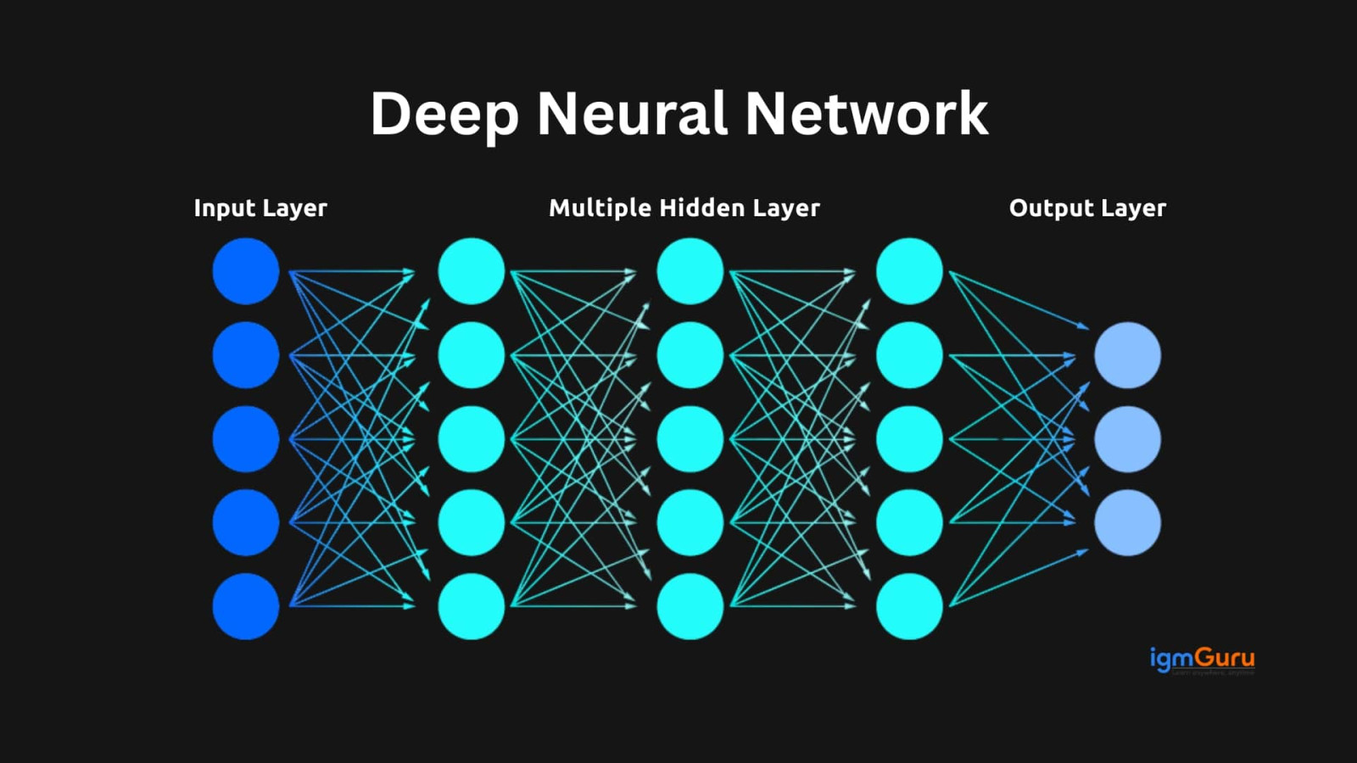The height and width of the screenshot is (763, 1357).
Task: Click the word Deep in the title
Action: click(x=444, y=114)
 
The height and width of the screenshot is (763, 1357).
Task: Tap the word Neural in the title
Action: click(x=633, y=114)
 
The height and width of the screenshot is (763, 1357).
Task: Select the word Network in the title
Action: click(x=867, y=114)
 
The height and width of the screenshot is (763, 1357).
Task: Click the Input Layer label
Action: click(x=260, y=209)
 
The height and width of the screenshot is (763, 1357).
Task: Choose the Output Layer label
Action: click(x=1087, y=209)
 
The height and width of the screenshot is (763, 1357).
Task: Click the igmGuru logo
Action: click(x=1202, y=659)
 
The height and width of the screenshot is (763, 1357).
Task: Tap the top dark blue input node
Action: click(x=246, y=271)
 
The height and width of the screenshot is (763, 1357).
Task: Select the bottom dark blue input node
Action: click(x=246, y=606)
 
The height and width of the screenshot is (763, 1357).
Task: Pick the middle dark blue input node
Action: click(x=246, y=439)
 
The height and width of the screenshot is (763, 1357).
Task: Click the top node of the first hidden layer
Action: click(x=472, y=271)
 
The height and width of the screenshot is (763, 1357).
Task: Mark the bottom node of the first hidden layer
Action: click(x=472, y=606)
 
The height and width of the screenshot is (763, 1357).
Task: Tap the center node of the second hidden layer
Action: click(x=690, y=439)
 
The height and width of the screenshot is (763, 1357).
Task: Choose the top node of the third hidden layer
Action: click(x=909, y=271)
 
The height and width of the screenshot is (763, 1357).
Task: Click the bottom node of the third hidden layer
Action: click(x=909, y=606)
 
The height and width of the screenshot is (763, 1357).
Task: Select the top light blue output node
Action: click(x=1127, y=355)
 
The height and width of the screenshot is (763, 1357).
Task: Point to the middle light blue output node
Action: click(x=1127, y=439)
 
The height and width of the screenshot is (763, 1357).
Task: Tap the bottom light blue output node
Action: click(x=1127, y=522)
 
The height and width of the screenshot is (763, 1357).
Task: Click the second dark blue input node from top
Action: click(x=246, y=355)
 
